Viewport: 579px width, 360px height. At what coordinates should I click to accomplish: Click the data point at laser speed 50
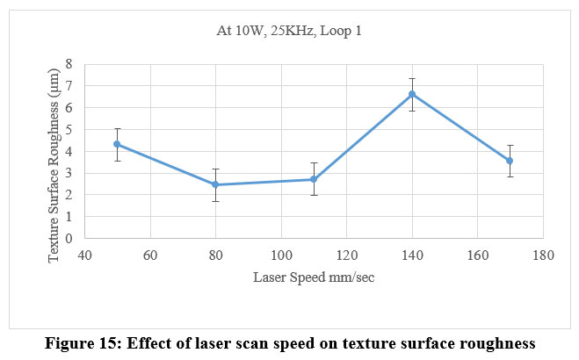pyautogui.click(x=117, y=143)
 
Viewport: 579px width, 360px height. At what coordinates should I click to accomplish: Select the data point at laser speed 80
pyautogui.click(x=215, y=184)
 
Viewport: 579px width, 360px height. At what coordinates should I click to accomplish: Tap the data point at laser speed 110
pyautogui.click(x=314, y=179)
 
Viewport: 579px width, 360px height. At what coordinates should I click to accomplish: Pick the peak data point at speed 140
pyautogui.click(x=412, y=94)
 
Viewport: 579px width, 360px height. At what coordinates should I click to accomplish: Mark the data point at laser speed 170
pyautogui.click(x=510, y=161)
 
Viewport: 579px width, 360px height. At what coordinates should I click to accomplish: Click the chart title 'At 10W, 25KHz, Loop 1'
pyautogui.click(x=290, y=32)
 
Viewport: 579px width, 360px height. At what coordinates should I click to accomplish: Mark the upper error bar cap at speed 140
pyautogui.click(x=412, y=78)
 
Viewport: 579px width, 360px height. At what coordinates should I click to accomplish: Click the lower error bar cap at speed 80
pyautogui.click(x=215, y=201)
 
